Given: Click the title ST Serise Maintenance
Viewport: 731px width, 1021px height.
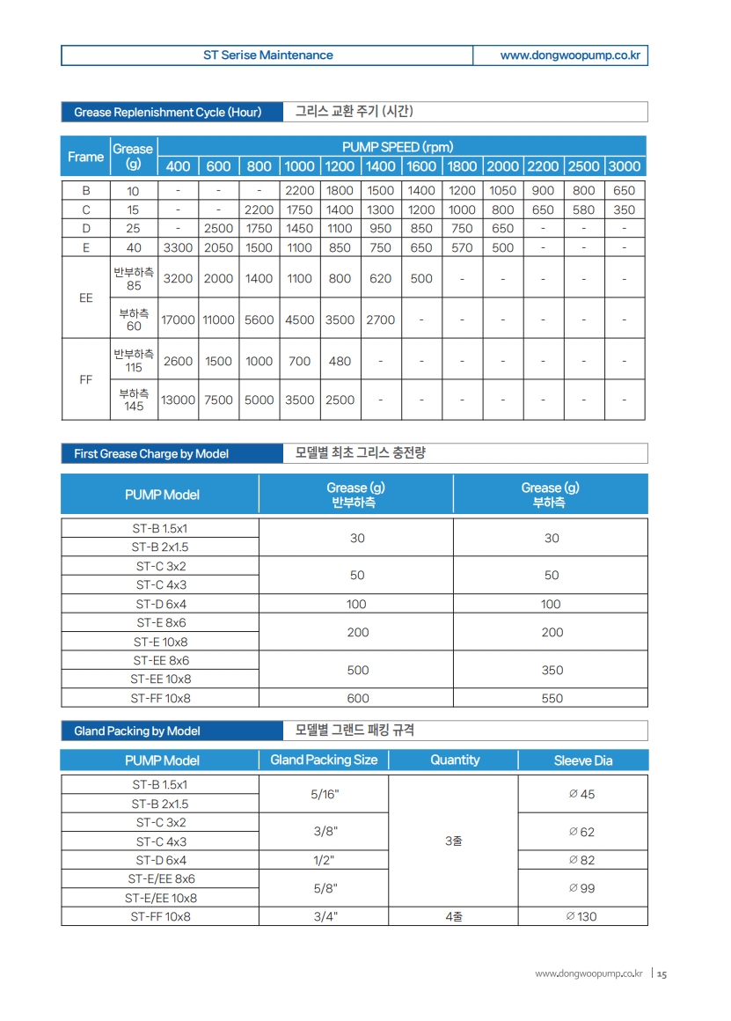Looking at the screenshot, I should pyautogui.click(x=267, y=55).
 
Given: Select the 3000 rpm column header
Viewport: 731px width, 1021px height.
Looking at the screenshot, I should pyautogui.click(x=625, y=166).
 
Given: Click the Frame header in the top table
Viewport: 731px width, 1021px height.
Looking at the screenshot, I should pyautogui.click(x=85, y=157).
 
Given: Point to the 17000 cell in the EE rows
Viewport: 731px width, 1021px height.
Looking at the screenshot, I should pyautogui.click(x=178, y=320).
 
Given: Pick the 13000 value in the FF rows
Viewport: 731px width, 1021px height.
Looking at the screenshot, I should pyautogui.click(x=178, y=400).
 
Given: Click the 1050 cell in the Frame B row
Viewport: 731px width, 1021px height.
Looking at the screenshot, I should pyautogui.click(x=502, y=190).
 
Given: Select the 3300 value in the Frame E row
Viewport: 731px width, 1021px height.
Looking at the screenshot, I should pyautogui.click(x=178, y=248).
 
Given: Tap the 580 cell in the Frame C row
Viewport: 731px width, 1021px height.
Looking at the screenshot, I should pyautogui.click(x=583, y=210).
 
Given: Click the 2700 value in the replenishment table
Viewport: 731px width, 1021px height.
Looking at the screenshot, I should pyautogui.click(x=380, y=320).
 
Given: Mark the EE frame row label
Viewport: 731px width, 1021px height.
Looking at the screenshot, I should pyautogui.click(x=85, y=298).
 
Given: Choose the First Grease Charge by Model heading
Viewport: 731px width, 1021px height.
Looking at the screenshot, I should pyautogui.click(x=151, y=454).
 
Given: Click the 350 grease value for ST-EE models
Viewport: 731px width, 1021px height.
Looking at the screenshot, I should pyautogui.click(x=552, y=670).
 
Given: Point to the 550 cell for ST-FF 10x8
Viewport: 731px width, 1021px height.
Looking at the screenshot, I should pyautogui.click(x=552, y=699).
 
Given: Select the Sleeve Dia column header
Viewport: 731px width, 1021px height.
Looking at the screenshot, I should pyautogui.click(x=582, y=760).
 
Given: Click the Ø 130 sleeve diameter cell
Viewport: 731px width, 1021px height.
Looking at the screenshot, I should pyautogui.click(x=582, y=916).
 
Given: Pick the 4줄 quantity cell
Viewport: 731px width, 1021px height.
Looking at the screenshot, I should pyautogui.click(x=454, y=916).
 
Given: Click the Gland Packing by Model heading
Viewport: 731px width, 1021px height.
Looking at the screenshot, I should pyautogui.click(x=137, y=731).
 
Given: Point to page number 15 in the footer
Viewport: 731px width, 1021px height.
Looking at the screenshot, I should pyautogui.click(x=662, y=973).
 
